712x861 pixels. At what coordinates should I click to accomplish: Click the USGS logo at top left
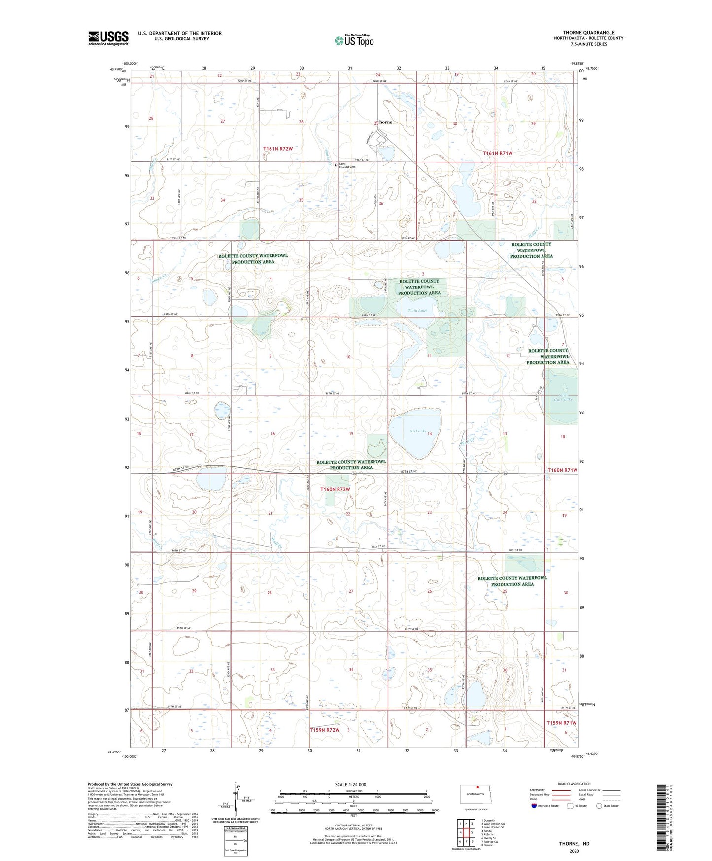108,38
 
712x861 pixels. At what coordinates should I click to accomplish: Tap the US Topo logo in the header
354,40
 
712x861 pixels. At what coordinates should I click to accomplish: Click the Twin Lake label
417,310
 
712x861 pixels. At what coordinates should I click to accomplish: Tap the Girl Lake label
418,431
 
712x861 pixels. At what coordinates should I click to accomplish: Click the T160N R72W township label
335,489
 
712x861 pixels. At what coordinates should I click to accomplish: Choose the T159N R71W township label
561,723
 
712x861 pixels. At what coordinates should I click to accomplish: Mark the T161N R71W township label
498,153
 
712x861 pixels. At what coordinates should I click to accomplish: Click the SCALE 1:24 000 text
350,785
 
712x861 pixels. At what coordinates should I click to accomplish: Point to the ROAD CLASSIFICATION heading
574,784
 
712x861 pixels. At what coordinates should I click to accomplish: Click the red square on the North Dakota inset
478,788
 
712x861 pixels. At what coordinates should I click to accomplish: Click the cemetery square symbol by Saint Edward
336,165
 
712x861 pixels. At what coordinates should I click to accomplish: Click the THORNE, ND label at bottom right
574,844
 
